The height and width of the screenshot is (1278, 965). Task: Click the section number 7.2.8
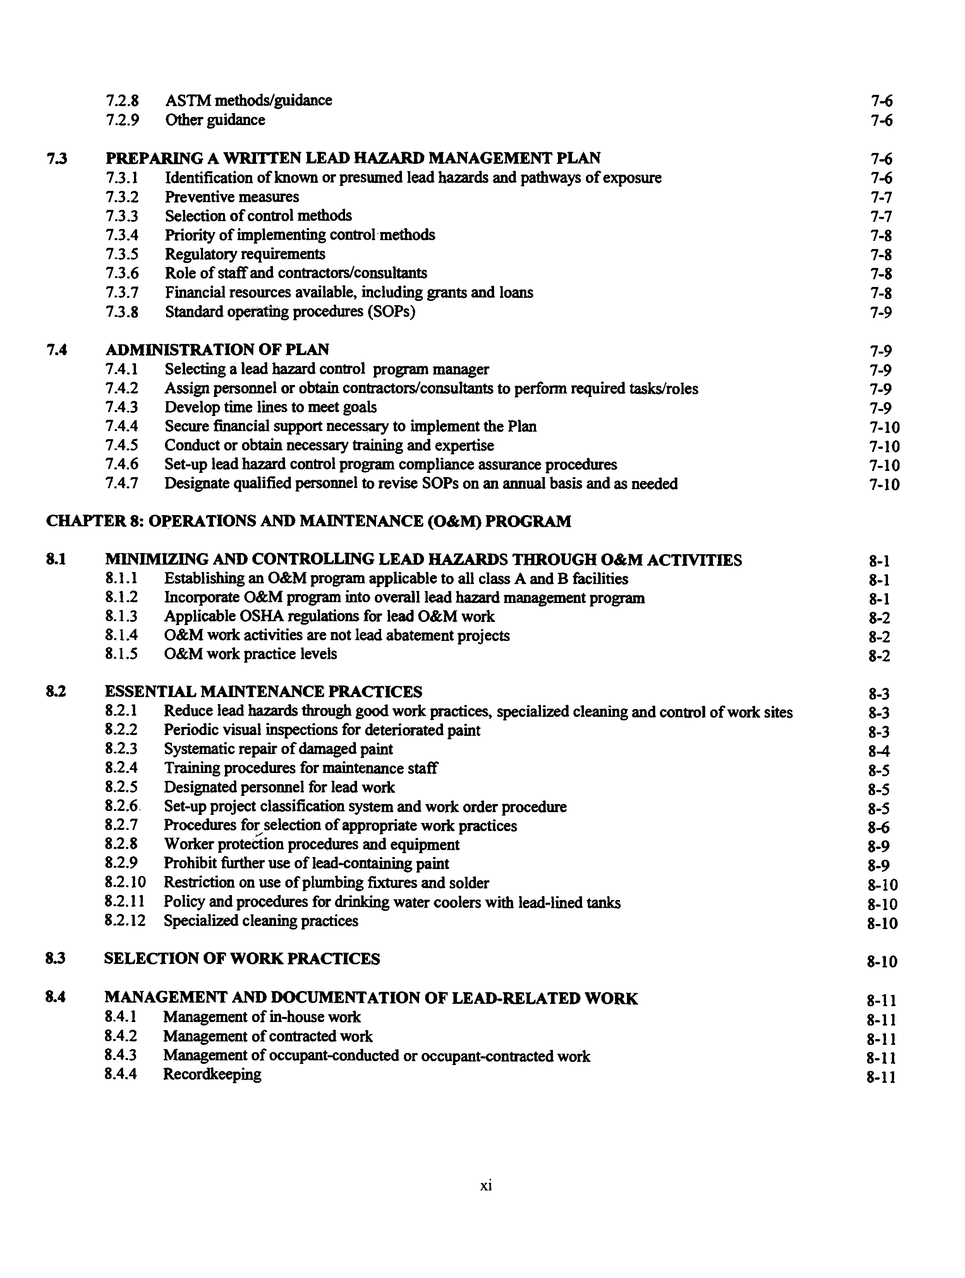pos(122,101)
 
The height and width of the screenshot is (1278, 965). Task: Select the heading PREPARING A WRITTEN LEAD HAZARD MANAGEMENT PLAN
pos(352,158)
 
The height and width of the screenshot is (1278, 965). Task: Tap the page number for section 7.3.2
pos(881,198)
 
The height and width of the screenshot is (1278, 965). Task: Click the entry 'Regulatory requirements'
pos(245,254)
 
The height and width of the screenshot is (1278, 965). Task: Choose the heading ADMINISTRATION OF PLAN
pos(217,350)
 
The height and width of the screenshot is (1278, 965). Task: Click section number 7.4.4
pos(122,426)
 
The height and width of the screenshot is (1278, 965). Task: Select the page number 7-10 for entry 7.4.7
pos(884,485)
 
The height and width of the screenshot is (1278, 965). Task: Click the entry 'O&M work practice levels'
pos(250,654)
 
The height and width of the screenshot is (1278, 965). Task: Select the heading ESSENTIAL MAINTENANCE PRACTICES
pos(263,692)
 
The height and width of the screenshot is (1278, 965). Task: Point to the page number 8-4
pos(878,751)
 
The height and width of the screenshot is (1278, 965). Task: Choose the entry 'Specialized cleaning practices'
pos(261,921)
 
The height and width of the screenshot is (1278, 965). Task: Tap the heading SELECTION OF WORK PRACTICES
pos(242,959)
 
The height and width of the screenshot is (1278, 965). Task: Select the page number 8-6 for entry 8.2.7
pos(878,827)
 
